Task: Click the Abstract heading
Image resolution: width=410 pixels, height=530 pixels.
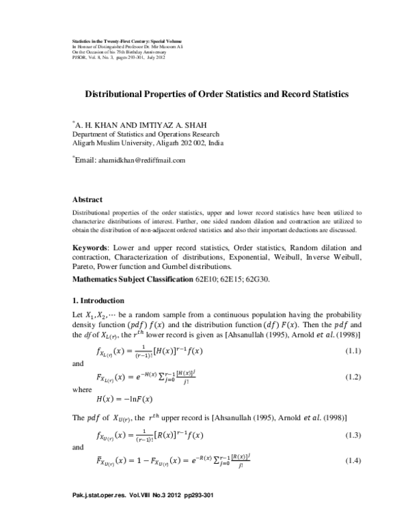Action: pos(87,199)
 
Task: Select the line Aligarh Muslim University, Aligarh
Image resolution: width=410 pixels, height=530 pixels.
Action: pos(147,143)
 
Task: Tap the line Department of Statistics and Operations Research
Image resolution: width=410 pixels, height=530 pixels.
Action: pos(153,135)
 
